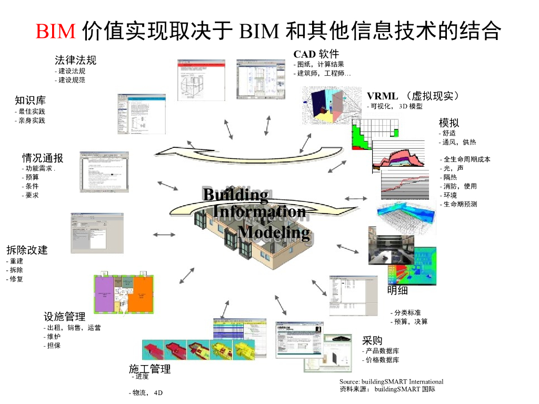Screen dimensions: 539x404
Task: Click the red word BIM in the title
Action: point(56,32)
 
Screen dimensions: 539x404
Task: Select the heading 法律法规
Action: point(76,60)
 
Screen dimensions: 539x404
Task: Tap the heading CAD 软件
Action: point(316,54)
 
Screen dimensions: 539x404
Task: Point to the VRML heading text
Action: point(383,96)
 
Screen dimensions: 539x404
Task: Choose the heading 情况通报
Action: point(43,158)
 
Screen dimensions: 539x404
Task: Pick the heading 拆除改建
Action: point(27,250)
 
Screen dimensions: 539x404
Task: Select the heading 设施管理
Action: point(65,316)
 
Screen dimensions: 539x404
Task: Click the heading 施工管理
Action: point(150,369)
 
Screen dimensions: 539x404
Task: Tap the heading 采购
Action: point(372,340)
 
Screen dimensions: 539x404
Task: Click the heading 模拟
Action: point(449,123)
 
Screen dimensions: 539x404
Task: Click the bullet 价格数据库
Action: point(381,360)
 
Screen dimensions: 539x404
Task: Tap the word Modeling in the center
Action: point(274,231)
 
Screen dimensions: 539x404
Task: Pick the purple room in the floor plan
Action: point(104,295)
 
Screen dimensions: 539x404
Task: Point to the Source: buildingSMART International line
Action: point(391,381)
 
